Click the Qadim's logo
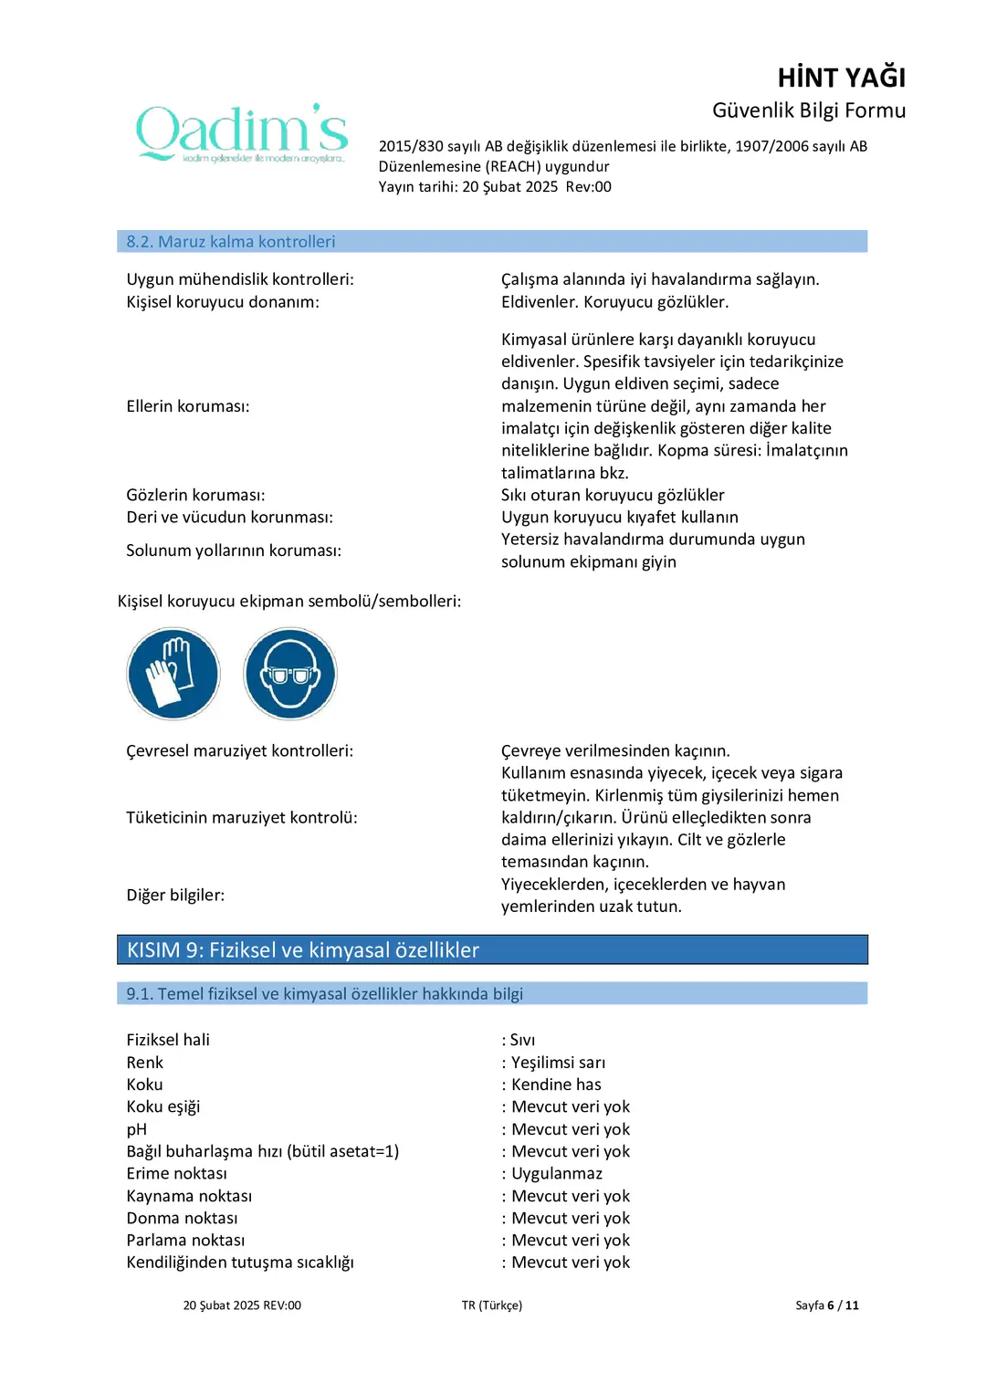(242, 133)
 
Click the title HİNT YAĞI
(841, 78)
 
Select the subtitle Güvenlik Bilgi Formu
(809, 110)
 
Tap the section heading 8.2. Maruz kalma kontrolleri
(231, 242)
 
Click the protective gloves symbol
(173, 674)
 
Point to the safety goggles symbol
(290, 674)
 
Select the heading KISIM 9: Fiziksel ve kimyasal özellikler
(303, 950)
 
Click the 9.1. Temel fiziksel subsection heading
(324, 994)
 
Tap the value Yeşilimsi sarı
(558, 1063)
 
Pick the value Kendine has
(556, 1085)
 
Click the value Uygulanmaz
(557, 1174)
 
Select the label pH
(137, 1129)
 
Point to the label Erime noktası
(177, 1174)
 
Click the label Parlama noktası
(185, 1241)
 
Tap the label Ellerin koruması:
(188, 406)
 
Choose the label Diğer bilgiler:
(175, 896)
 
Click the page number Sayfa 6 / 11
(826, 1305)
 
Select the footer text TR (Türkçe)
(492, 1305)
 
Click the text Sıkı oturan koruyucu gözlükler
(613, 495)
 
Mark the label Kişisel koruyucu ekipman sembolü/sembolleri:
(289, 602)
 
